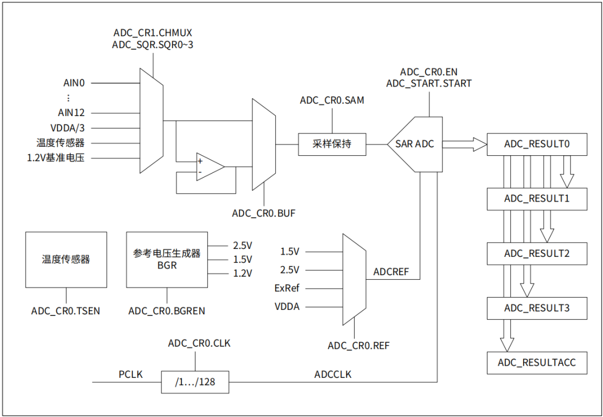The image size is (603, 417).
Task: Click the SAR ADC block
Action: (x=415, y=144)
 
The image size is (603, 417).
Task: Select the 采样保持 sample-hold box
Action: (x=332, y=144)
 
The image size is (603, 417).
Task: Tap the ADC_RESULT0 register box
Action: (x=537, y=144)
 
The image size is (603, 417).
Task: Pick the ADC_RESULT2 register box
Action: (x=537, y=253)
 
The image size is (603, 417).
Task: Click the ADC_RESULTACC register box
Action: (x=537, y=362)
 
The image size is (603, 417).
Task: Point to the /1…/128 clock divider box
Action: (x=195, y=382)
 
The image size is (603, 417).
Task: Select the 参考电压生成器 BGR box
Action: (x=167, y=260)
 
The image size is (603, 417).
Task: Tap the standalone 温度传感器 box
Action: (x=66, y=260)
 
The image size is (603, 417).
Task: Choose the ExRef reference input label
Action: (x=287, y=288)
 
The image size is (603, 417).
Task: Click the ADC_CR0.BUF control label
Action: (x=264, y=213)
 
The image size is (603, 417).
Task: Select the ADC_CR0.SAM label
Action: (x=332, y=100)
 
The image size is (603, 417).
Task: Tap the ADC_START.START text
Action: (x=429, y=83)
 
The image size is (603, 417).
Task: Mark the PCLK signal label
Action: (x=131, y=375)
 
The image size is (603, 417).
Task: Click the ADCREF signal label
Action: (x=391, y=272)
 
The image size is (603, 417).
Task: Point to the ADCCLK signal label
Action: (x=333, y=375)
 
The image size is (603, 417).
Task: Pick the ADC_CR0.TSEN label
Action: (x=66, y=311)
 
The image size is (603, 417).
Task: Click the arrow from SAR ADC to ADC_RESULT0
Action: (x=465, y=144)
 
